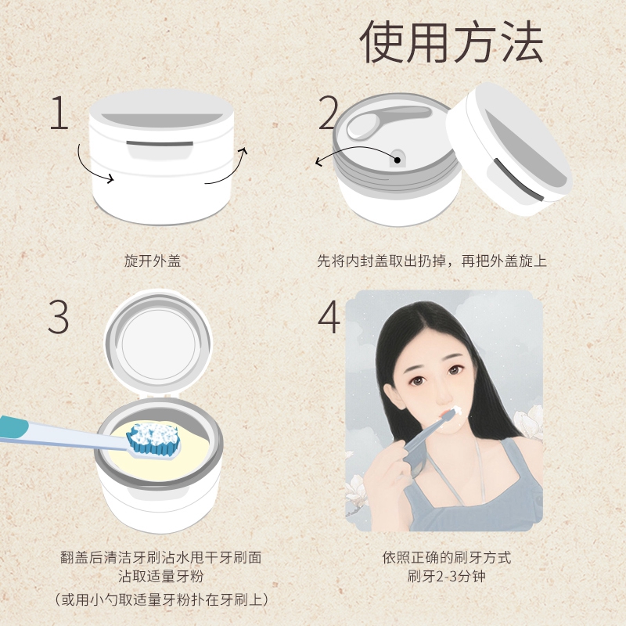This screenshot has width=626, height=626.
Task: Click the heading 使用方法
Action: point(452,41)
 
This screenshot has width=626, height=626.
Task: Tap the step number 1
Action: point(59,113)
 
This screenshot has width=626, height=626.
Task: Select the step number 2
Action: point(328,113)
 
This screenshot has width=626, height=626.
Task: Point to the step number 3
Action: point(58,317)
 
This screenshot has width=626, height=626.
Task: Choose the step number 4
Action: point(329,317)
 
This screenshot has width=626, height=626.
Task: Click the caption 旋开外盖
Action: point(153,261)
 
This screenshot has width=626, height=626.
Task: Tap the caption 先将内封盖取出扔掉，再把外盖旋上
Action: point(432,261)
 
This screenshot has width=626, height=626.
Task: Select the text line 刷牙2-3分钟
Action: point(446,577)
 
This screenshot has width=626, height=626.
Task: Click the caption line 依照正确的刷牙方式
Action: point(446,557)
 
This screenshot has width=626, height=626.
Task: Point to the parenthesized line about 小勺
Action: point(161,599)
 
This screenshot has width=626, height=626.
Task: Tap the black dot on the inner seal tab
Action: point(398,160)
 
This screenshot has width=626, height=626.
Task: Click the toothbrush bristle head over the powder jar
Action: point(153,439)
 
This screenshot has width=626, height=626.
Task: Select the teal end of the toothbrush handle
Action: point(14,426)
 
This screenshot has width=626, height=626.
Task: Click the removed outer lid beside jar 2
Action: point(509,149)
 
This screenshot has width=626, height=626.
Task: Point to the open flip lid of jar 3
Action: point(158,343)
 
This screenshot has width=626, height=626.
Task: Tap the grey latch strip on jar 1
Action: point(160,143)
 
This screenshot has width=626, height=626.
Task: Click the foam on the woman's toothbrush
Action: point(456,410)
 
